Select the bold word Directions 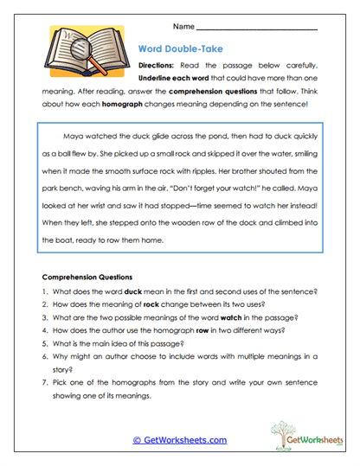coord(159,66)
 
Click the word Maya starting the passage coord(74,136)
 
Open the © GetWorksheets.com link coord(180,440)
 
